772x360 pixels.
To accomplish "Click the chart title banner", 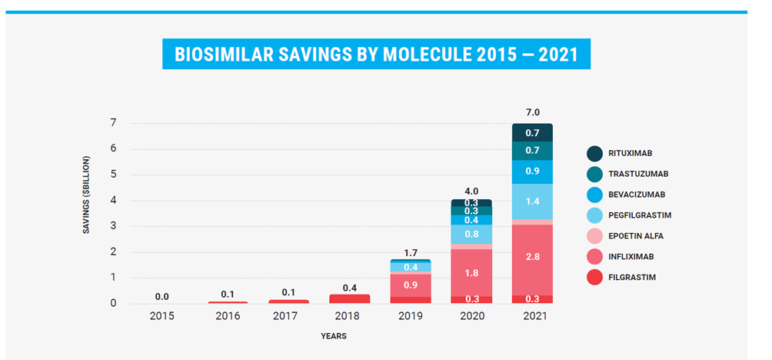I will (x=376, y=55).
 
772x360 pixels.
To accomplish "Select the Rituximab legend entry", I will (x=634, y=153).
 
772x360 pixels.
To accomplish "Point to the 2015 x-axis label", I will (x=162, y=316).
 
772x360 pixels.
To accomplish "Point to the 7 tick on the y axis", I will (x=113, y=123).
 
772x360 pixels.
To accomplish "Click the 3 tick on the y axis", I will (x=113, y=226).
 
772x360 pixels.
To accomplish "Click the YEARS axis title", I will (x=333, y=336).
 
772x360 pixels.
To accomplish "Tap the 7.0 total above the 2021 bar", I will (x=532, y=112).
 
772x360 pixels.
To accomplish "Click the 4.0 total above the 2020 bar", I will (x=471, y=191).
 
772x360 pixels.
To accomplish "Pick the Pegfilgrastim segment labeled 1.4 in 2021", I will (x=532, y=202).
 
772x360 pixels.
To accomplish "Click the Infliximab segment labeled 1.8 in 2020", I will (x=471, y=272).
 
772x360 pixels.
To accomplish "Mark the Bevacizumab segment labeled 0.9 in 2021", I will (x=532, y=172).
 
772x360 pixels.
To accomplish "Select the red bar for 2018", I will (x=350, y=298).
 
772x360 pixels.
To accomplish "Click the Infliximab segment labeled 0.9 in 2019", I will (x=411, y=285).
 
